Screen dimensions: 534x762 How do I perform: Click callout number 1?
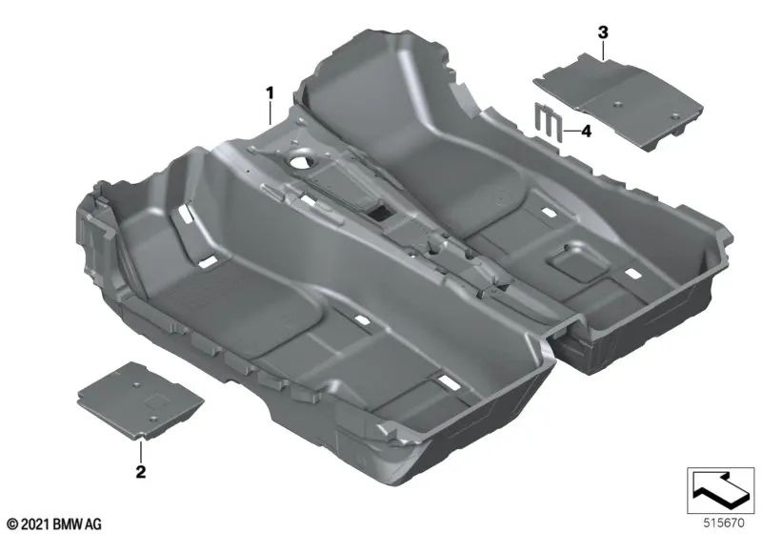click(x=270, y=93)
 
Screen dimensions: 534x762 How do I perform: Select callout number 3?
click(x=602, y=32)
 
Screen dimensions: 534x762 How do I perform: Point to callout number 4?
click(x=586, y=132)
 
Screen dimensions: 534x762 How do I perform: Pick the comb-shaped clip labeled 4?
click(x=548, y=123)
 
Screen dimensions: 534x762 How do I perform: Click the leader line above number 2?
click(x=143, y=448)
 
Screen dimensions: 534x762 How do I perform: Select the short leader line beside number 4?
click(x=570, y=132)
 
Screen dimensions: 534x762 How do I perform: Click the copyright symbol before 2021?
click(x=10, y=524)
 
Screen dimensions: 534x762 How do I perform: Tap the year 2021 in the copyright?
click(x=33, y=524)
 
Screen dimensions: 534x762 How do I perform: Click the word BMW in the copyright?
click(x=70, y=524)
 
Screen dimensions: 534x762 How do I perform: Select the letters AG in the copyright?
click(x=94, y=524)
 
